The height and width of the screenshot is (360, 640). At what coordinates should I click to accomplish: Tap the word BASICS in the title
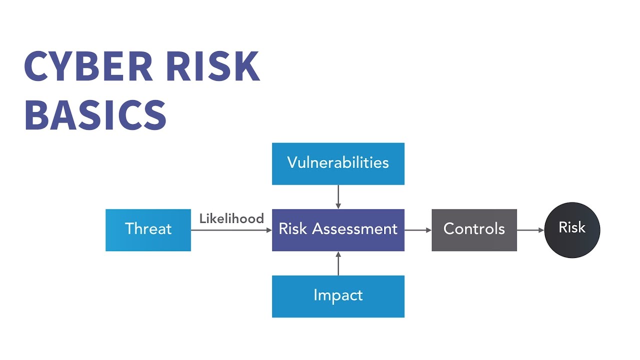click(95, 115)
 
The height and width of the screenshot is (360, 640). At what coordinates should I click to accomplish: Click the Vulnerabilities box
click(338, 163)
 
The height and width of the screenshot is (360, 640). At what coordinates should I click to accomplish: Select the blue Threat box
click(148, 229)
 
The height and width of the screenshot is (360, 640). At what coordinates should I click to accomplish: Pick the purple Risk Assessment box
click(338, 229)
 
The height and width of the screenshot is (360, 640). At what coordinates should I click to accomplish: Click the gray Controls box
click(474, 229)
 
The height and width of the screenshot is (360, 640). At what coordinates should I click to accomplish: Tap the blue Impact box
click(338, 296)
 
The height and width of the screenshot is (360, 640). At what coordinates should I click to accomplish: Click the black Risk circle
click(572, 229)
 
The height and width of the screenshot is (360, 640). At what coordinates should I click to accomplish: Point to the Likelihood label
click(231, 218)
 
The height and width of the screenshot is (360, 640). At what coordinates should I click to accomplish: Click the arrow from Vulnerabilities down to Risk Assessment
click(338, 196)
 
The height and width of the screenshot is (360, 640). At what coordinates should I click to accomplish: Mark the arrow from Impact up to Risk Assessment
click(338, 263)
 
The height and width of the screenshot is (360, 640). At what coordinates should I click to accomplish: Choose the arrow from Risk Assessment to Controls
click(418, 230)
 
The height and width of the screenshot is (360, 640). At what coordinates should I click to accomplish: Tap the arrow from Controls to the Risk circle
click(530, 230)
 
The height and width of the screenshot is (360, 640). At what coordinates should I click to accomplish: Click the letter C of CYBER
click(36, 66)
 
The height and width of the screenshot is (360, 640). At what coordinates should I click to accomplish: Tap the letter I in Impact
click(315, 295)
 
